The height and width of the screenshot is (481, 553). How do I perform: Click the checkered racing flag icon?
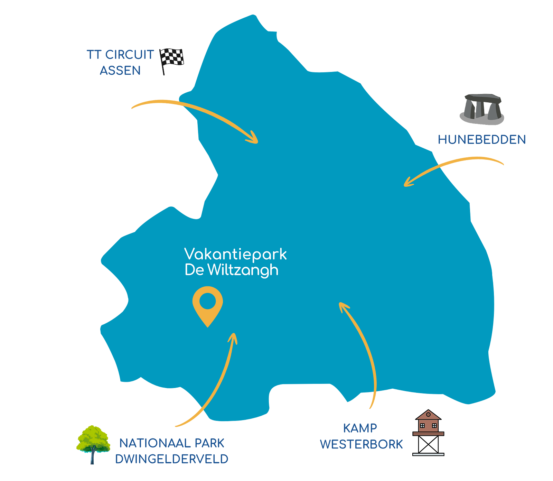172,60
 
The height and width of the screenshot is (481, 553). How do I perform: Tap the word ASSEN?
120,71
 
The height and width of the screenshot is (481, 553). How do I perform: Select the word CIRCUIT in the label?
129,55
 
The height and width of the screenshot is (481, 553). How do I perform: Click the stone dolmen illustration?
482,109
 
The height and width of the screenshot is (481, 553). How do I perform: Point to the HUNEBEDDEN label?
481,139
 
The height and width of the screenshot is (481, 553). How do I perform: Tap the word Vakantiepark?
235,255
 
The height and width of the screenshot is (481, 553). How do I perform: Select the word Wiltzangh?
243,270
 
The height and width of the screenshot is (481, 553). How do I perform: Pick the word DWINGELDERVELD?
172,459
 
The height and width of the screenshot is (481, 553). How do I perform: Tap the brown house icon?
428,423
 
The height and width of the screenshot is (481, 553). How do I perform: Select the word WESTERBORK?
361,444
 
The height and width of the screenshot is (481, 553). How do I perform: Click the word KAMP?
360,428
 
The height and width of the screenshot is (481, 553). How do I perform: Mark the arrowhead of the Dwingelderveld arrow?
234,337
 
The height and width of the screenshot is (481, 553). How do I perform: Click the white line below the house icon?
428,454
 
